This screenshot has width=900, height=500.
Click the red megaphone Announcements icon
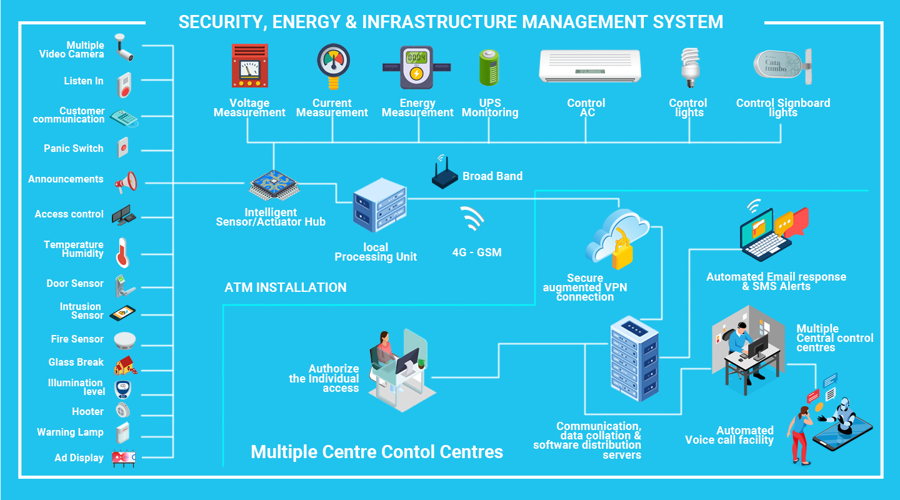[126, 182]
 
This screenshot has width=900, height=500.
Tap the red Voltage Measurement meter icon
[249, 66]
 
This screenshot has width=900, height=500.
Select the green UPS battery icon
[489, 67]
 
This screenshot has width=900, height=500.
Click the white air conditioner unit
[590, 66]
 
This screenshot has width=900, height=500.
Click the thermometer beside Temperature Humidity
[122, 252]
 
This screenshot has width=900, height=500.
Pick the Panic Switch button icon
[123, 148]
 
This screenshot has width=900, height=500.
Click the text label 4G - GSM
[477, 252]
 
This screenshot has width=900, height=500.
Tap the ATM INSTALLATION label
[285, 287]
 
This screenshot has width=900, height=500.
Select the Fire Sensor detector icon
[124, 341]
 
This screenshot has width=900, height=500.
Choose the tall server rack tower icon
[634, 359]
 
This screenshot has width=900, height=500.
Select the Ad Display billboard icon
[124, 458]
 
